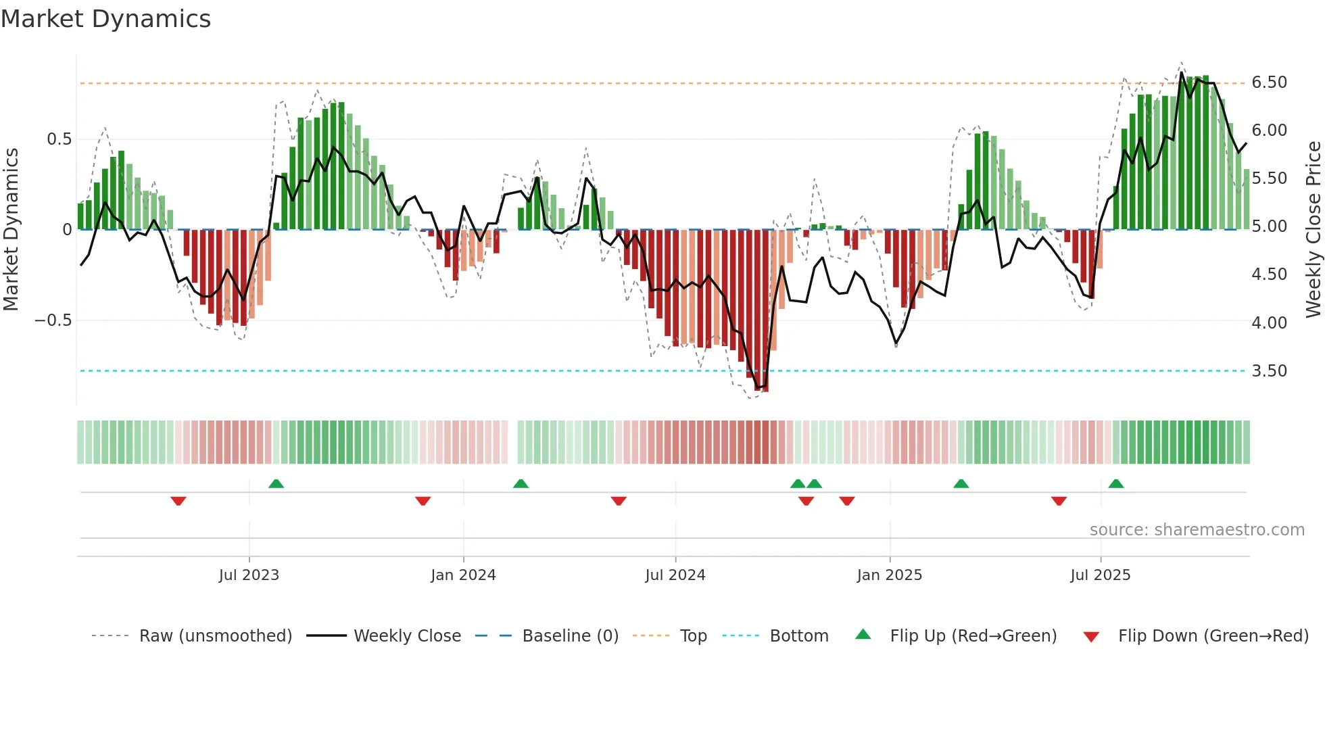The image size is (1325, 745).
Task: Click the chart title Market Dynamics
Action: click(x=105, y=19)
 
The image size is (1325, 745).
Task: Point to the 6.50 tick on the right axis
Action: click(x=1269, y=82)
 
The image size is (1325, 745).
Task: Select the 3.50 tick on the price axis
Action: click(x=1269, y=371)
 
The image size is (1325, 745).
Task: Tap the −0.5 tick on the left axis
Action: click(x=53, y=320)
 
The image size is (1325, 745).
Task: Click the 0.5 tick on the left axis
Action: click(x=59, y=139)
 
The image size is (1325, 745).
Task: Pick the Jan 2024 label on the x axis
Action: click(x=463, y=575)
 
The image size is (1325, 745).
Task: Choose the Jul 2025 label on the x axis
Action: click(x=1100, y=575)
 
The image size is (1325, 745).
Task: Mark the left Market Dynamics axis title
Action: click(x=11, y=230)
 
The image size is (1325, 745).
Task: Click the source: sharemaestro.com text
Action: click(x=1197, y=530)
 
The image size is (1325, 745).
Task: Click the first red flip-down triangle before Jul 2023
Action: click(x=178, y=501)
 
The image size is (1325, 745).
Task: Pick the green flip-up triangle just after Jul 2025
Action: click(x=1116, y=483)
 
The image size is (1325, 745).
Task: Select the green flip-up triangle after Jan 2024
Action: click(x=521, y=483)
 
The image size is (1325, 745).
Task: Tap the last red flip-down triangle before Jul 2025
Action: click(x=1059, y=501)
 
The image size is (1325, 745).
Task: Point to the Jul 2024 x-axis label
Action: click(x=675, y=575)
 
